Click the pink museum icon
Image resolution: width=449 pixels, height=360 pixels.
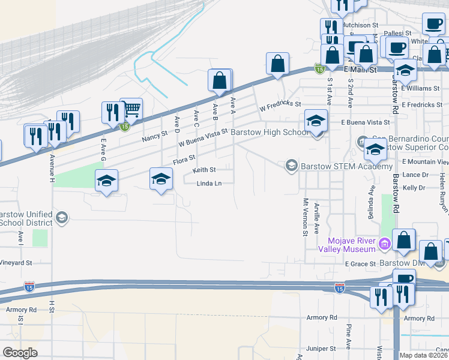pos(385,244)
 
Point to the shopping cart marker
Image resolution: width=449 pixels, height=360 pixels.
pos(131,109)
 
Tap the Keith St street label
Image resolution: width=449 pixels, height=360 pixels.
pos(204,170)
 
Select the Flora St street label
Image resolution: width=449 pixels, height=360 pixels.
pos(185,158)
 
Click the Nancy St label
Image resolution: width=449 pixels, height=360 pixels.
pos(154,138)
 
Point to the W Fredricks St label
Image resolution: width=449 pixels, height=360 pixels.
pos(279,106)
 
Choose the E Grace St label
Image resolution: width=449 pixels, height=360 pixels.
pos(360,263)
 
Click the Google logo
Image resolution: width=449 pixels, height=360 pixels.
pos(20,353)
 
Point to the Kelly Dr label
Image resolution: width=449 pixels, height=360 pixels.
pos(415,188)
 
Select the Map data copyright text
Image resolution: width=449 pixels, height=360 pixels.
pos(423,355)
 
